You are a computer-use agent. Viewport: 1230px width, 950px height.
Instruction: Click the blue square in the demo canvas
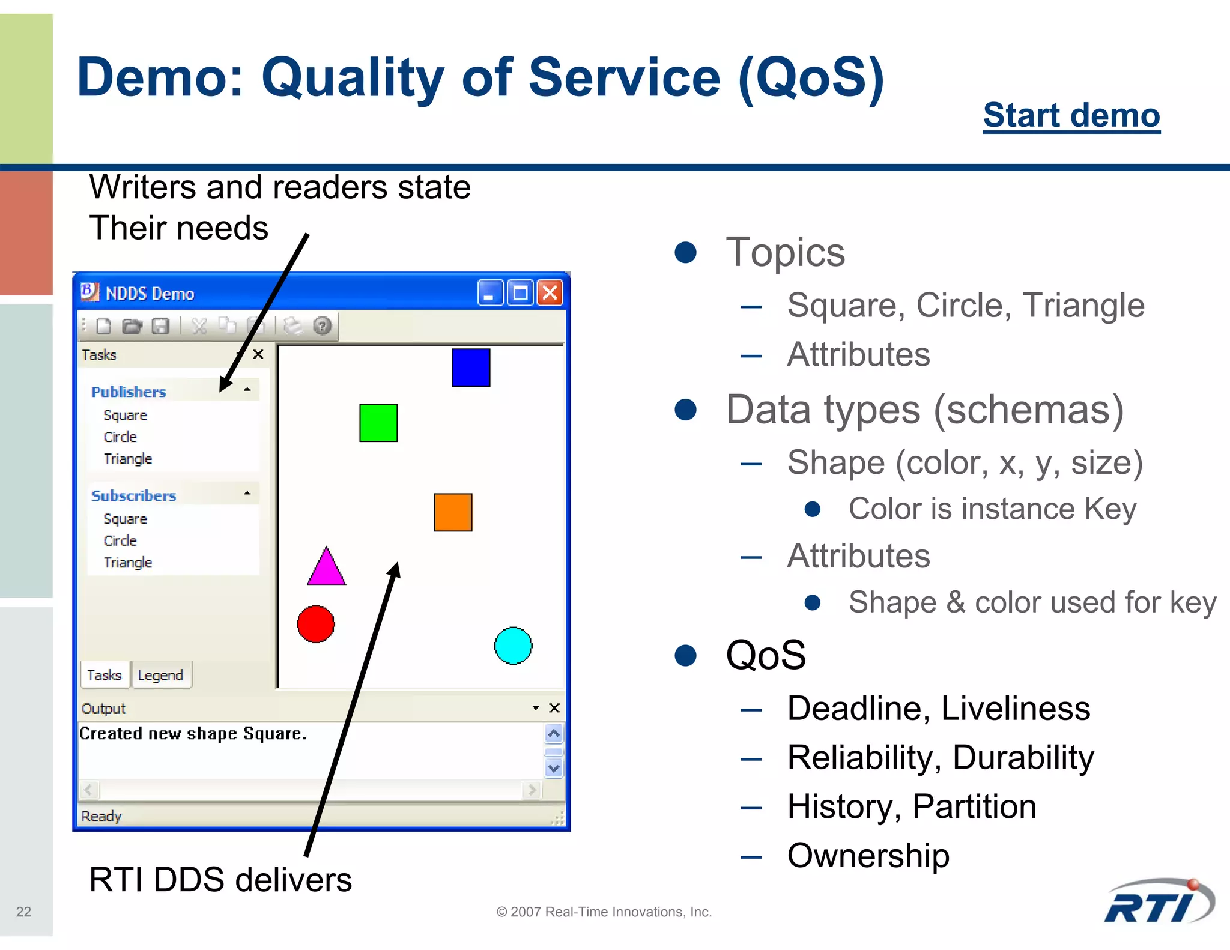(470, 367)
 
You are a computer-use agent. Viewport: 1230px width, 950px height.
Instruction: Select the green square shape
(378, 423)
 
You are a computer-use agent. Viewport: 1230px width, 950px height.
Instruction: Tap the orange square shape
(453, 512)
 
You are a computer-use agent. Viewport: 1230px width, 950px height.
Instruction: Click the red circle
(316, 624)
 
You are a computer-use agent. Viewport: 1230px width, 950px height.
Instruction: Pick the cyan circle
(513, 646)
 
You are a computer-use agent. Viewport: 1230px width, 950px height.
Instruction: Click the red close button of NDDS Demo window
(550, 293)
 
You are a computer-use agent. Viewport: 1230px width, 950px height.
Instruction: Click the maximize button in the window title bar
(520, 293)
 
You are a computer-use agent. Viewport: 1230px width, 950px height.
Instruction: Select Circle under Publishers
(120, 437)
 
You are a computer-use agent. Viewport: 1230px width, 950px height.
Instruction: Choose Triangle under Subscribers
(127, 563)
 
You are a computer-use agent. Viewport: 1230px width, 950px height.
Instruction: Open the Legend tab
(160, 675)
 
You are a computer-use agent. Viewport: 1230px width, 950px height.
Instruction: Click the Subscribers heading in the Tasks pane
(133, 495)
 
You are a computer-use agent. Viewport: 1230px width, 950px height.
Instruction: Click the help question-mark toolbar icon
(323, 326)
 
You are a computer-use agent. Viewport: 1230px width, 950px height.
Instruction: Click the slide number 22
(23, 912)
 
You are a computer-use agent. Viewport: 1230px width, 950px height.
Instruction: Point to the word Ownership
(868, 855)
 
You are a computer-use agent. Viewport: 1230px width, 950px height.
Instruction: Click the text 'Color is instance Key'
(992, 509)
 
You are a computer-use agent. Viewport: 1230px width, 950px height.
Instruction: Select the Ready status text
(101, 816)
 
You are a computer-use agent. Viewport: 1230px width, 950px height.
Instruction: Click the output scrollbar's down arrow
(554, 767)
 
